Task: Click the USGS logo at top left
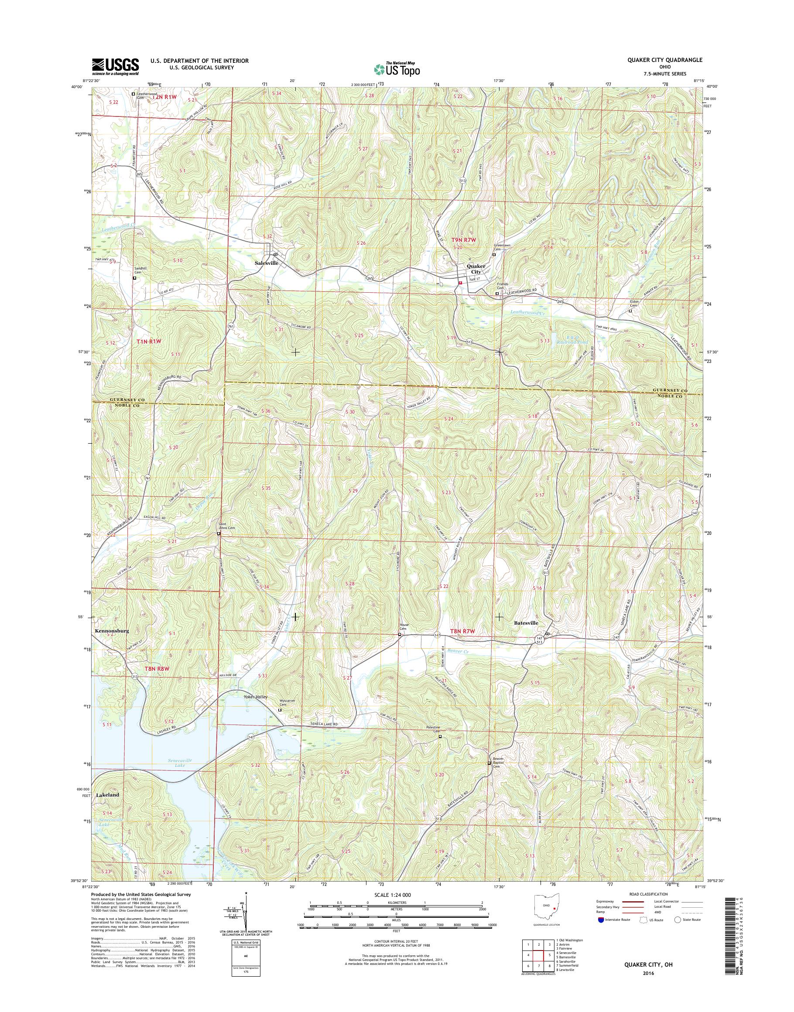pyautogui.click(x=115, y=66)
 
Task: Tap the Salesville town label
pyautogui.click(x=267, y=263)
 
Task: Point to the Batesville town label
pyautogui.click(x=526, y=622)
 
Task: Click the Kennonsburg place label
pyautogui.click(x=112, y=631)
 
